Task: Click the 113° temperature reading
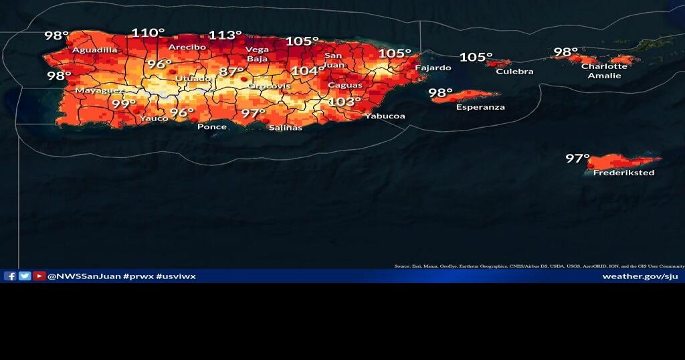click(x=225, y=35)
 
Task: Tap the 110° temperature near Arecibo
click(x=148, y=33)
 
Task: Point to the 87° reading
click(x=231, y=72)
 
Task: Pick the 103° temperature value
click(x=345, y=102)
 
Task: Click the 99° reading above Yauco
click(x=124, y=104)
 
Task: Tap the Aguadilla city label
click(x=95, y=50)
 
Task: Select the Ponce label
click(x=212, y=126)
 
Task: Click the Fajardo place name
click(x=433, y=68)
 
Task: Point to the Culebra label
click(x=514, y=72)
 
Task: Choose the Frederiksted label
click(x=623, y=173)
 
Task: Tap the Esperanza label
click(x=480, y=107)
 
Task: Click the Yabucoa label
click(x=385, y=116)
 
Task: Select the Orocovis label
click(x=269, y=86)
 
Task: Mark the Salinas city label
click(x=285, y=127)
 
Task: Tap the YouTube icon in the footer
click(x=39, y=276)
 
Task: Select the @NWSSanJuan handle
click(x=84, y=276)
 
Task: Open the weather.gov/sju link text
click(x=640, y=276)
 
